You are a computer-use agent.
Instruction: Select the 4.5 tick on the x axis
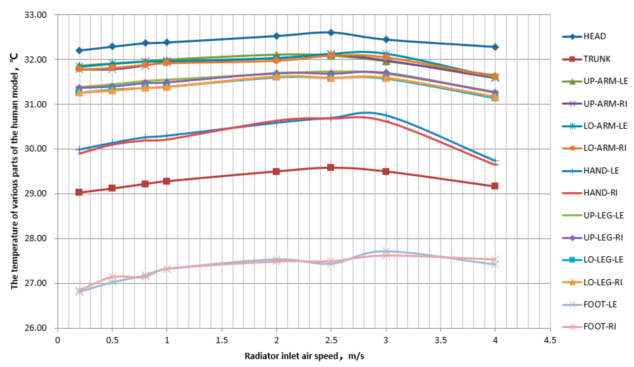550,340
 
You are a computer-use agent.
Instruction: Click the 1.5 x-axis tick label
222,340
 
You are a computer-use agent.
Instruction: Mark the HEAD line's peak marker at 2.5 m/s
331,32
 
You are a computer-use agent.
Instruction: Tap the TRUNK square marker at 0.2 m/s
79,192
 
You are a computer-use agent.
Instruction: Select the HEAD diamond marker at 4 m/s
495,47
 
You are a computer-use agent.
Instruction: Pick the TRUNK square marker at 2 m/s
276,171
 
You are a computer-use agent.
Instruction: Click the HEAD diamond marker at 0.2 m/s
79,51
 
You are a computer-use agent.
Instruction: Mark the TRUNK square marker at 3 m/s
386,172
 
